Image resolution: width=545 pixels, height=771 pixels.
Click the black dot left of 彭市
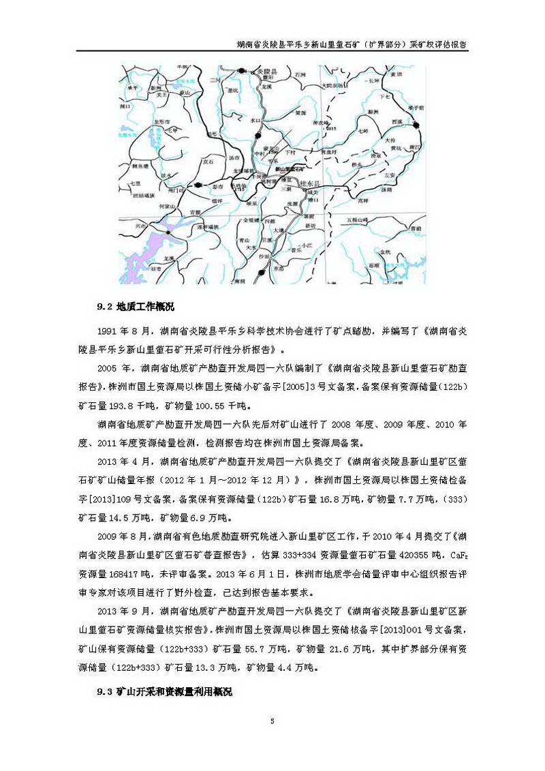click(198, 185)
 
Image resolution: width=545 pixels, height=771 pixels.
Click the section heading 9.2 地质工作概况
click(136, 306)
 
